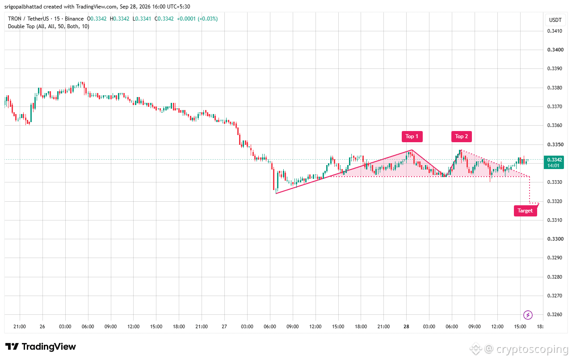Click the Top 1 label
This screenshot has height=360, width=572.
click(x=412, y=136)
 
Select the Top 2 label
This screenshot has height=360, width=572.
click(x=462, y=136)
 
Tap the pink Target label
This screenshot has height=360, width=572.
click(x=525, y=211)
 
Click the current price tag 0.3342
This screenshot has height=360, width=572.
click(x=555, y=160)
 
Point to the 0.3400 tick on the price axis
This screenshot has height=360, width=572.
click(x=555, y=50)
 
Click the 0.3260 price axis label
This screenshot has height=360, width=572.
click(x=555, y=314)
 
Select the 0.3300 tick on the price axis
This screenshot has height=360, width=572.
click(x=555, y=239)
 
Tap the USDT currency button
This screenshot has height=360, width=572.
click(x=555, y=20)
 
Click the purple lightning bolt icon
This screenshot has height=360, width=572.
click(x=528, y=315)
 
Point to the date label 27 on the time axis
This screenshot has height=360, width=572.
click(x=224, y=326)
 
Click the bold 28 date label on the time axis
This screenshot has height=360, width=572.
click(x=406, y=326)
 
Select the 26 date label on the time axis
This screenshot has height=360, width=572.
click(x=42, y=326)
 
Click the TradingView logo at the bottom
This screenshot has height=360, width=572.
click(x=41, y=347)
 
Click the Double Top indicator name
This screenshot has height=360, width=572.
click(x=21, y=26)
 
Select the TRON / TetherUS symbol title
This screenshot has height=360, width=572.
click(x=28, y=19)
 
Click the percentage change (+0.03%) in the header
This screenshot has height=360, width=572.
click(x=208, y=19)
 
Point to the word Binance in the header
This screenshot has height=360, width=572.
click(x=74, y=19)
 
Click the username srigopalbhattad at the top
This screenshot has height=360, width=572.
click(x=23, y=7)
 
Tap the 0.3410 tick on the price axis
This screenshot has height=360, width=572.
click(x=555, y=31)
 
